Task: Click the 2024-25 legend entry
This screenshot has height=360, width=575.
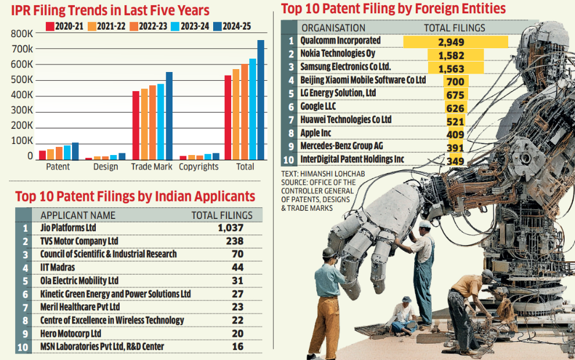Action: click(232, 27)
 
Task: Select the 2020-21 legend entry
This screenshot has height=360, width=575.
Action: click(68, 27)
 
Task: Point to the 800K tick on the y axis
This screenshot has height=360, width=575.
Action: click(22, 34)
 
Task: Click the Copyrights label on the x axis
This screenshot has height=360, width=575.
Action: click(199, 167)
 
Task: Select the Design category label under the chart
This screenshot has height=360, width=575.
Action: click(105, 167)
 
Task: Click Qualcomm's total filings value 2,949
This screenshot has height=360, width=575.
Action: click(455, 42)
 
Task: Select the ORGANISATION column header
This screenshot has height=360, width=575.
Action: click(333, 27)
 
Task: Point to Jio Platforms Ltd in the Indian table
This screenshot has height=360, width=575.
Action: click(68, 228)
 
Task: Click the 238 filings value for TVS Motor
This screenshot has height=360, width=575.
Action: click(231, 241)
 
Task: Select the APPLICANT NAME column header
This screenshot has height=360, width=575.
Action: click(78, 215)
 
